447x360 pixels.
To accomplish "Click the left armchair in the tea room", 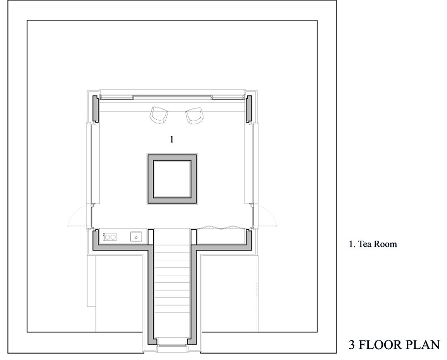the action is (x=159, y=115).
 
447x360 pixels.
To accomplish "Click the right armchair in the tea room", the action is (x=195, y=115).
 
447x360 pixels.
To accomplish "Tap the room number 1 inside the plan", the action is (x=172, y=139).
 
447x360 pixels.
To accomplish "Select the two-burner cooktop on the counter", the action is (x=109, y=237).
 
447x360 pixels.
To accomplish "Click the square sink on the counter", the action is (x=136, y=237).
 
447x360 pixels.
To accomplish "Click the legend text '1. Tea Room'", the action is (x=372, y=245).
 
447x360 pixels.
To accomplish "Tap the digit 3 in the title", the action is (x=352, y=345).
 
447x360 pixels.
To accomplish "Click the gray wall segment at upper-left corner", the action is (x=95, y=109).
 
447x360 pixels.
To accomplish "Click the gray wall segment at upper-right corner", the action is (x=249, y=109).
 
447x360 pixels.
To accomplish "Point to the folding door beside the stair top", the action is (x=221, y=227).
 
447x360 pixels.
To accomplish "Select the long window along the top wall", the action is (x=172, y=97).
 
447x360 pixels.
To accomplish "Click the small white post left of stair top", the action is (x=151, y=237).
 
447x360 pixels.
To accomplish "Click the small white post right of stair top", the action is (x=194, y=237).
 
